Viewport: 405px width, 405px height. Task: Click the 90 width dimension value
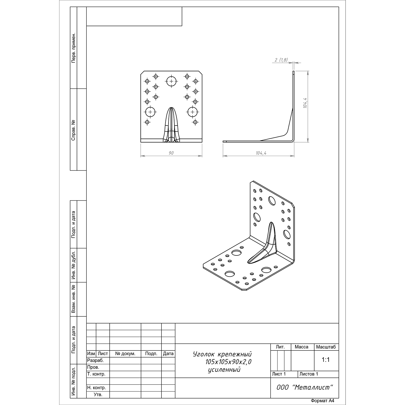171,153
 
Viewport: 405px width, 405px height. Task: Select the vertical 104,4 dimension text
305,103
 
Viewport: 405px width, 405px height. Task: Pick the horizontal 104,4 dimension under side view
261,153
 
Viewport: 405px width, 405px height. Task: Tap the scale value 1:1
326,360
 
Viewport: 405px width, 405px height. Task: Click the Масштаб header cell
326,347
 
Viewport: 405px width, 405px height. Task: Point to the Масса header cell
302,347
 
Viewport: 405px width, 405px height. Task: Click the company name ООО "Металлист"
305,387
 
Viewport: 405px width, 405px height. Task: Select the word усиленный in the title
224,370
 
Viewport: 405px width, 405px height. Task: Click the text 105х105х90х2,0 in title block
228,362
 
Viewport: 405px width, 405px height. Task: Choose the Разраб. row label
95,360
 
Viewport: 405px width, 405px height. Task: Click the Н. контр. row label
96,388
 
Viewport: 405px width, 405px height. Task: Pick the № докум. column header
125,354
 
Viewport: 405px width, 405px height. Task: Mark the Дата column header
168,354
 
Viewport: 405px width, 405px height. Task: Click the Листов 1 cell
309,374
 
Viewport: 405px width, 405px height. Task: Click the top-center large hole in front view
171,81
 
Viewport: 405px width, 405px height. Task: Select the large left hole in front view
150,112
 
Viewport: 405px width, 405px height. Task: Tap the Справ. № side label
73,130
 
